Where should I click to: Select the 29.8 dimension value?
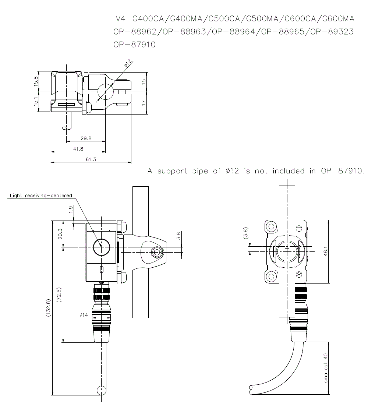point(85,138)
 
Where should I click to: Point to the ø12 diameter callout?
point(128,64)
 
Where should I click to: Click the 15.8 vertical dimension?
point(36,81)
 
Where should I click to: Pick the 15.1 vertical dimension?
point(36,102)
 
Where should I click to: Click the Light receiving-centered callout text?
point(41,196)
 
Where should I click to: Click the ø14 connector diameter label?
point(84,315)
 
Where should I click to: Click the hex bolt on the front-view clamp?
point(156,252)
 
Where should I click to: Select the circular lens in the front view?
point(101,247)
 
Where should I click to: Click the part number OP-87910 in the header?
point(135,45)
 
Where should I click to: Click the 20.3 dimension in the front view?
point(60,234)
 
